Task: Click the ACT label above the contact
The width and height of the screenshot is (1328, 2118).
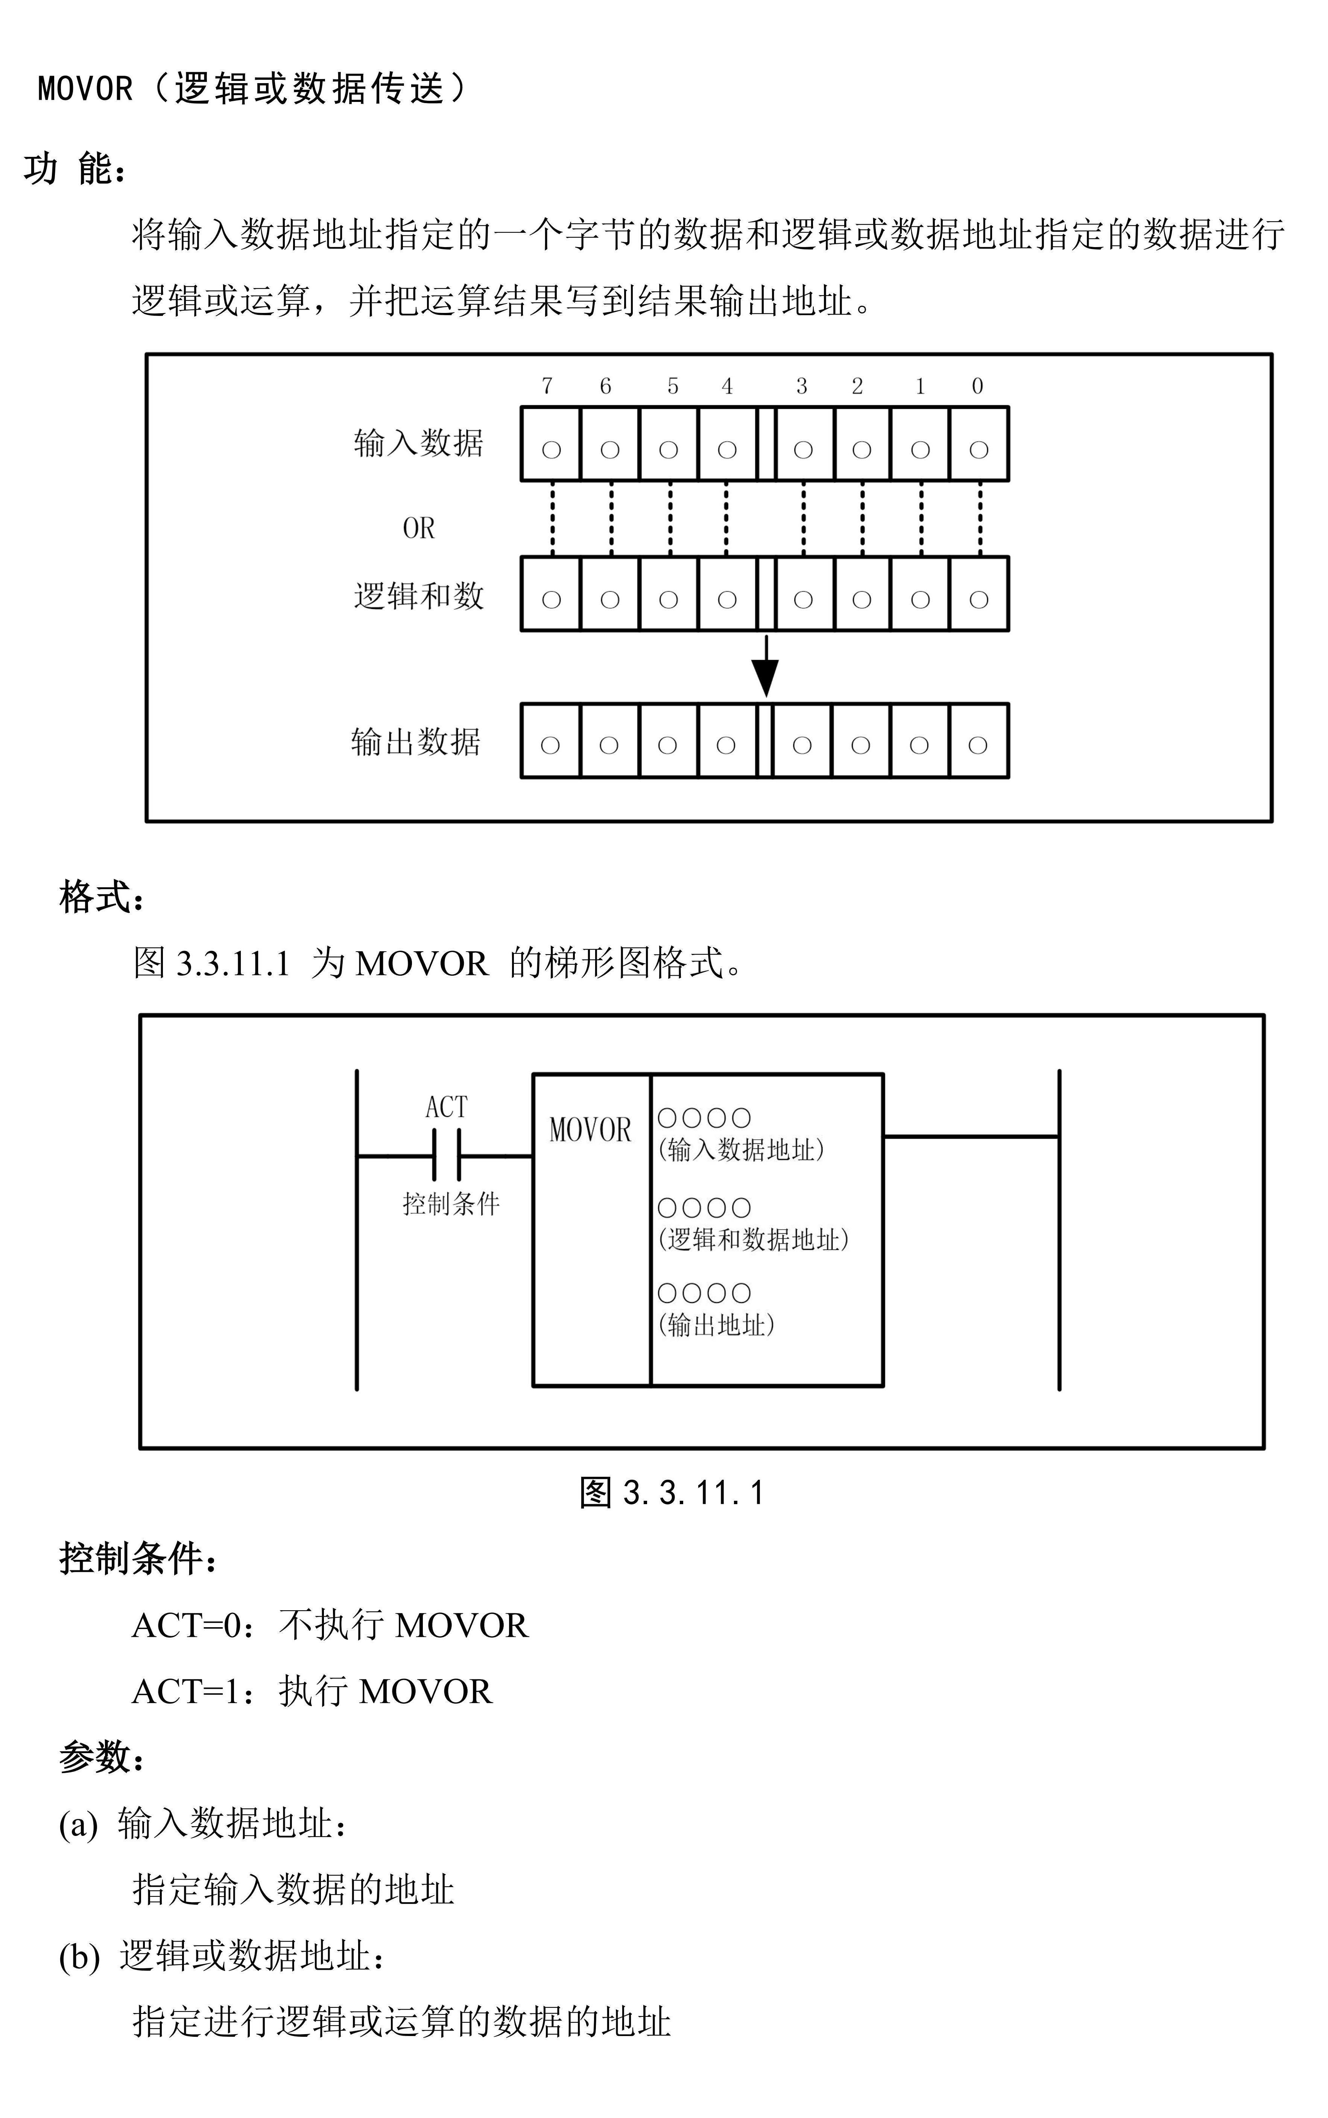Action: tap(446, 1107)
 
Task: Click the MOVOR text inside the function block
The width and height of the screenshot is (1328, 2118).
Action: tap(590, 1130)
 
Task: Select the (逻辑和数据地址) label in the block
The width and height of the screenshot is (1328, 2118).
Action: tap(754, 1240)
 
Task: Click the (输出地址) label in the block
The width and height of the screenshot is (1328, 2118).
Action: tap(717, 1325)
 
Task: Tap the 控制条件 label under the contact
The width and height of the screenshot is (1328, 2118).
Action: tap(451, 1204)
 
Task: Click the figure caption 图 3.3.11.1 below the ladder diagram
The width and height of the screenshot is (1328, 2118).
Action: tap(672, 1493)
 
